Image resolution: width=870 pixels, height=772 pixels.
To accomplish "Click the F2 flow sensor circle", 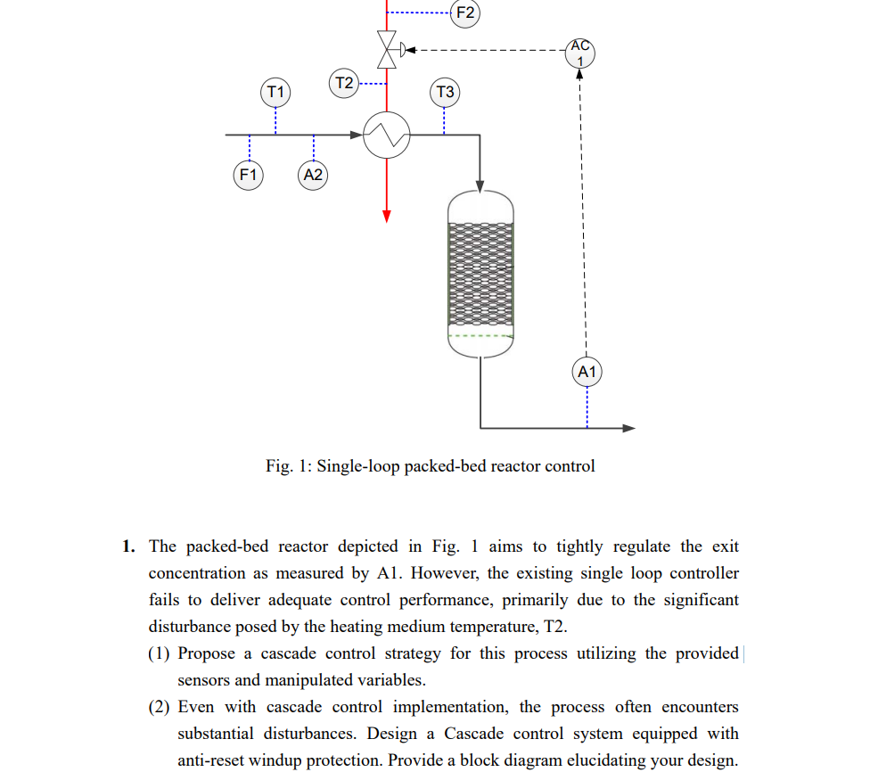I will pos(465,12).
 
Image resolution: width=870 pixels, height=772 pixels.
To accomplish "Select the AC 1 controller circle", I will pos(579,53).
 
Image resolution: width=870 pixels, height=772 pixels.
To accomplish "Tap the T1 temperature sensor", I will pos(275,92).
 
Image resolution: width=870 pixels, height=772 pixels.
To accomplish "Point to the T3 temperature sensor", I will pos(445,92).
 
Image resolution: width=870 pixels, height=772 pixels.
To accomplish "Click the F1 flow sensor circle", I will pos(248,175).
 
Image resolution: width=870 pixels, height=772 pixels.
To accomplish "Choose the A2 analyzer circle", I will pos(313,175).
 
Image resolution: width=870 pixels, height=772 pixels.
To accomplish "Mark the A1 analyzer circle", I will pos(587,371).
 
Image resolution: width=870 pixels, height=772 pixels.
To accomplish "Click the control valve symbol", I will pos(387,50).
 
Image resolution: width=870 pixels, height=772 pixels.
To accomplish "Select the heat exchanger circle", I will pos(387,136).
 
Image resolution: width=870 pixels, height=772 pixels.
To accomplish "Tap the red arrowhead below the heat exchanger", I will pos(387,216).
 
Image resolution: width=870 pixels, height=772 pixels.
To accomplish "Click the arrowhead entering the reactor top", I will pos(480,186).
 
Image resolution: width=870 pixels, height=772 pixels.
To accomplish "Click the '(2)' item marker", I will pos(160,707).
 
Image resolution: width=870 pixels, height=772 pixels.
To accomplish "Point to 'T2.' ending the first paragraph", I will pos(554,627).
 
